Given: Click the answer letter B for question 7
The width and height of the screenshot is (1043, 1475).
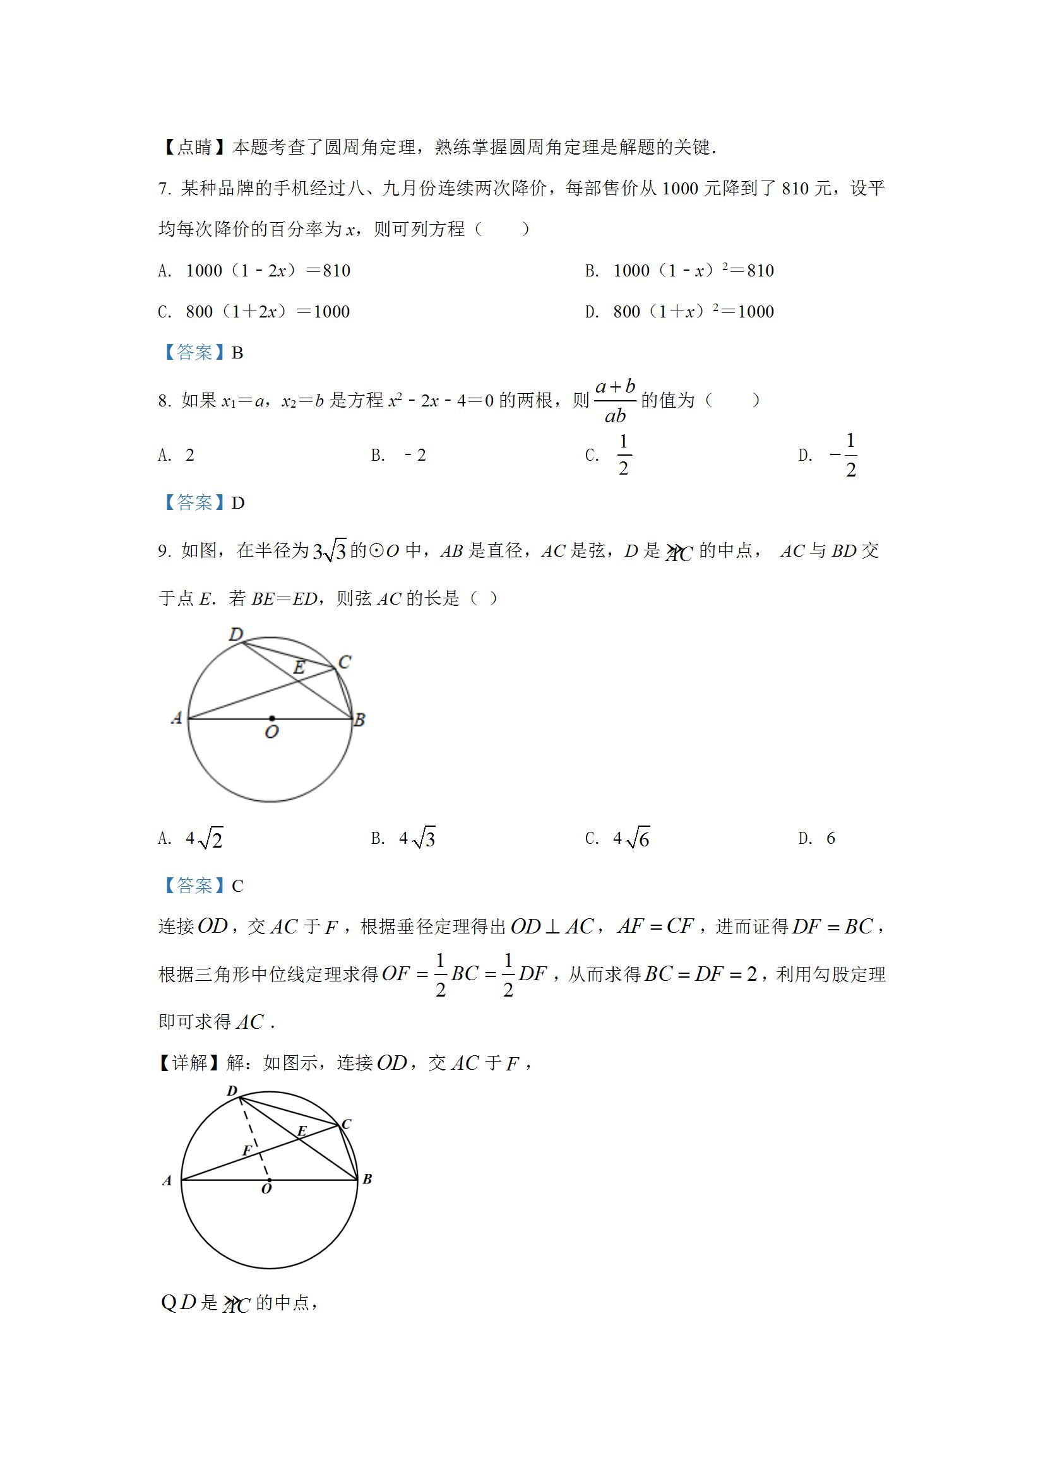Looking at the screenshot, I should [237, 353].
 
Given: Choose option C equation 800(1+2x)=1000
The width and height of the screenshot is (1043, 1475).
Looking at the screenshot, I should [267, 312].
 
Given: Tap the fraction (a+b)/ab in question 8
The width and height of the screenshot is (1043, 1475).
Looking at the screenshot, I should [615, 401].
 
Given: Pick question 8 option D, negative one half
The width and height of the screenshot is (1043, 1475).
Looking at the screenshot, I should [844, 456].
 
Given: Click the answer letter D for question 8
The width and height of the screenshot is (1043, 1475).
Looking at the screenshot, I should [238, 503].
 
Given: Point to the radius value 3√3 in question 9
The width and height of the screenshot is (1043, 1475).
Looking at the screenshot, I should [329, 551].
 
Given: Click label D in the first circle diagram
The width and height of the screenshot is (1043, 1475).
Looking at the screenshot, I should [236, 635].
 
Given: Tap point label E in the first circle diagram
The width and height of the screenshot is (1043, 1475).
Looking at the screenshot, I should [299, 668].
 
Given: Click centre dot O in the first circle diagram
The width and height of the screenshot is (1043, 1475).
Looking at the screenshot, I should [272, 718].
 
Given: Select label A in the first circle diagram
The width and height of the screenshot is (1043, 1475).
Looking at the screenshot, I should [177, 718].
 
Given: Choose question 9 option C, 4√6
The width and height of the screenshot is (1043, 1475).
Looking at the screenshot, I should [631, 838].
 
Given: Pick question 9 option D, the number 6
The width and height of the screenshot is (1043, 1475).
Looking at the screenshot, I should [830, 838].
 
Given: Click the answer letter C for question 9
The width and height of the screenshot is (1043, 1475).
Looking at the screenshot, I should [238, 886].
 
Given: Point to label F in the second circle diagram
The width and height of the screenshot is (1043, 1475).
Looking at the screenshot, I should [247, 1151].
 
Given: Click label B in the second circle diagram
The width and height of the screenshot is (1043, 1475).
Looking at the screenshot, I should [367, 1179].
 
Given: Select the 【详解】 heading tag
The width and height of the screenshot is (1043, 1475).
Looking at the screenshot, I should [191, 1063].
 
